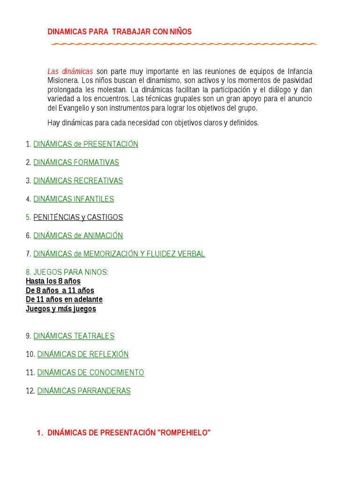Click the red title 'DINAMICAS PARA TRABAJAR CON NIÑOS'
(x=120, y=31)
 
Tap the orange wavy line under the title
(x=183, y=44)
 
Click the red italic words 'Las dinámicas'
(x=70, y=71)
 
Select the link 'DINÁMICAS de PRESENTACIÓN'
(x=86, y=144)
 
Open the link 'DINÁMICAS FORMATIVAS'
(x=76, y=162)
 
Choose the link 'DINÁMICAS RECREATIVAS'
(x=78, y=180)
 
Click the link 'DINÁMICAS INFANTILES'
(x=74, y=199)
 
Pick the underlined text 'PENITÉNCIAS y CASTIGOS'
(x=78, y=217)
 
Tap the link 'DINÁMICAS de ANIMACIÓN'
(x=78, y=235)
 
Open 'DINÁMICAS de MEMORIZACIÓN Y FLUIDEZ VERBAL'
(x=120, y=254)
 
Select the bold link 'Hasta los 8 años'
(x=53, y=281)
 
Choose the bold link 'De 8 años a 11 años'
(x=60, y=290)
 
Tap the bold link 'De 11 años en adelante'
(x=64, y=299)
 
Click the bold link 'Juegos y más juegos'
(x=61, y=308)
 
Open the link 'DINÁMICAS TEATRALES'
(x=74, y=336)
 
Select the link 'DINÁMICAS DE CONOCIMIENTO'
(x=90, y=372)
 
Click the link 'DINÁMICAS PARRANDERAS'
(x=84, y=390)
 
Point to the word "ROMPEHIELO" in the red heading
(x=185, y=433)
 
